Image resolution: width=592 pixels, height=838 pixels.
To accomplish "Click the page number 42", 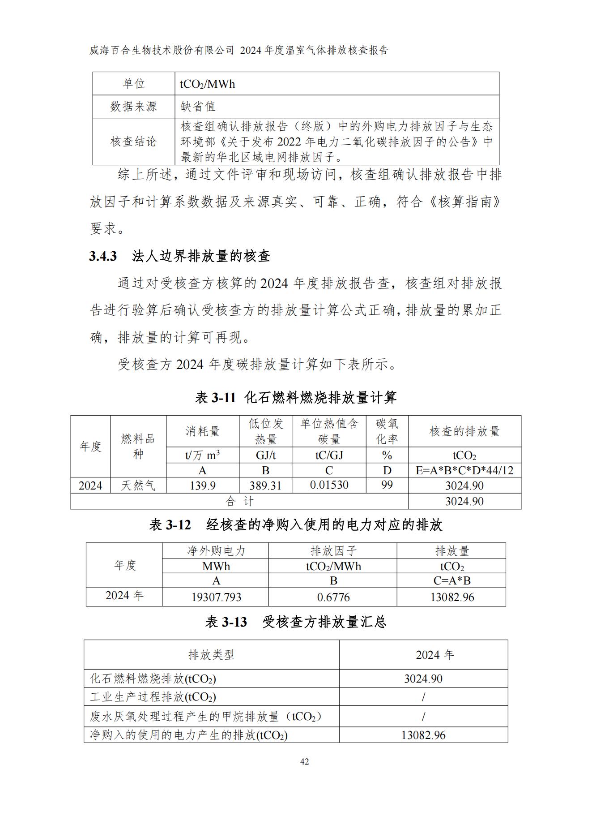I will tap(304, 762).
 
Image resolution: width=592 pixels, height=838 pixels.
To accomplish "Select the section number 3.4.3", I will tap(103, 256).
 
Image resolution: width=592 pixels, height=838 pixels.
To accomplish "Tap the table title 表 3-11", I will tap(215, 397).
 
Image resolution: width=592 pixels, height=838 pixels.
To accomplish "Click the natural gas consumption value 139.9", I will tap(202, 486).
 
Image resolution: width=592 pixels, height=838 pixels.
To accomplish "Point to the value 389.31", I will tap(265, 486).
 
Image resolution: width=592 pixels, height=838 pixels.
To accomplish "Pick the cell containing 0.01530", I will tap(329, 485).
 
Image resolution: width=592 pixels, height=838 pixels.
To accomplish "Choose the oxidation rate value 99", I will tap(387, 485).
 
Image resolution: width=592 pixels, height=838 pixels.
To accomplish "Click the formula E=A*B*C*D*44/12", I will tap(464, 470).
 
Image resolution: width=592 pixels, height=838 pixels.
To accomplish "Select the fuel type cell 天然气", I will tap(138, 486).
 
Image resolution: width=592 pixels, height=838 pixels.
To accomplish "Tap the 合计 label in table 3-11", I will tap(239, 501).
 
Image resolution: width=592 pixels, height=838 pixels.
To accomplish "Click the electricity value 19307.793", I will tap(216, 597).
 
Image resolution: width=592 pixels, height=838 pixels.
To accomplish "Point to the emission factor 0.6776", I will tap(333, 597).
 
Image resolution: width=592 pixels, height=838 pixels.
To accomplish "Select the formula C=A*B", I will tap(452, 581).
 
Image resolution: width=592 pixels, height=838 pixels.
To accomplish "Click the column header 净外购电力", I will tap(216, 551).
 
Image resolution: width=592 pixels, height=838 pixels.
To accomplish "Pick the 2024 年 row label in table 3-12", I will tap(124, 596).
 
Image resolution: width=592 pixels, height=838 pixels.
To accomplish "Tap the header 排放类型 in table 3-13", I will tap(211, 655).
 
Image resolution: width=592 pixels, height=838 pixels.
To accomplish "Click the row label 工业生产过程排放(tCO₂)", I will tap(153, 697).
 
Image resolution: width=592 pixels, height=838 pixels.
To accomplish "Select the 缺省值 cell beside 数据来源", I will tap(198, 107).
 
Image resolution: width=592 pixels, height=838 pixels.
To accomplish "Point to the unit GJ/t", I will tap(265, 456).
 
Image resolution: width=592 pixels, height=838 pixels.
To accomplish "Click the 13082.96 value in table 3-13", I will tap(423, 735).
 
